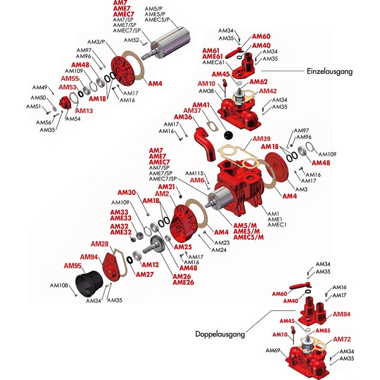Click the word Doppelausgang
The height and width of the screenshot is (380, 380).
tap(220, 334)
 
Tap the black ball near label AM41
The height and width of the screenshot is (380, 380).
tap(230, 135)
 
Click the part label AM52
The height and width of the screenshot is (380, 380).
tap(131, 40)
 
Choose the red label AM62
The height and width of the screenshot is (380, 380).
tap(258, 82)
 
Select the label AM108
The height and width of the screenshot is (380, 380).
tap(60, 285)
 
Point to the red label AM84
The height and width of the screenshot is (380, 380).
tap(342, 314)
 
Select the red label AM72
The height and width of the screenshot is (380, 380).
tap(342, 339)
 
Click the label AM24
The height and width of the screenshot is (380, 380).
tap(219, 250)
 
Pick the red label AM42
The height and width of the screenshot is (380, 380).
tap(268, 91)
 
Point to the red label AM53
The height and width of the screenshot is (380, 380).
tap(67, 87)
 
